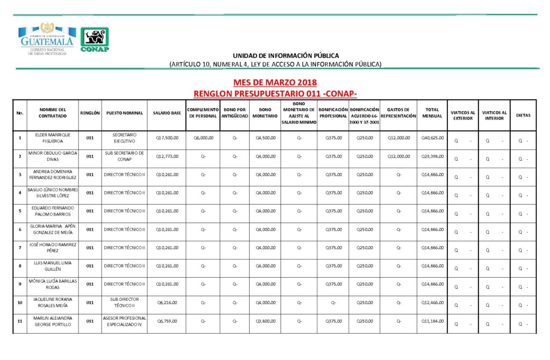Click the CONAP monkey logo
point(95,40)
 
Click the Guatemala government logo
point(47,39)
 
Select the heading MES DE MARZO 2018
point(275,83)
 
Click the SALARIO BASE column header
point(167,113)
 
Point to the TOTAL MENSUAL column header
point(432,113)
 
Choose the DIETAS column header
point(523,115)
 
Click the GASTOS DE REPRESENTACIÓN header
point(399,113)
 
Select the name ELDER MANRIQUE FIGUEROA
point(53,138)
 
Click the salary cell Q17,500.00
point(167,138)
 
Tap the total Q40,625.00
point(432,138)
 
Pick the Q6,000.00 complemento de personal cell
point(203,138)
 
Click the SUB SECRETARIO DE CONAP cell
point(125,156)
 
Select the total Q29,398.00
point(432,156)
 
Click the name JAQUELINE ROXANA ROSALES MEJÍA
point(53,303)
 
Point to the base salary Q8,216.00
point(167,303)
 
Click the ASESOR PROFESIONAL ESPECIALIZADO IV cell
point(125,321)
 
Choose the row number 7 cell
point(20,248)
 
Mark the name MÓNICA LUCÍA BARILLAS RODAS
point(53,284)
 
